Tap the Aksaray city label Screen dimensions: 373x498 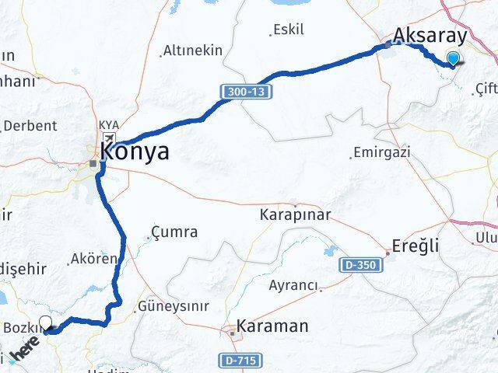pyautogui.click(x=430, y=36)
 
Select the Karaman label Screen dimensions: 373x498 pyautogui.click(x=272, y=326)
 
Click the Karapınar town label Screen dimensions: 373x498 pyautogui.click(x=296, y=214)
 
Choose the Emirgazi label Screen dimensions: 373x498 pyautogui.click(x=381, y=152)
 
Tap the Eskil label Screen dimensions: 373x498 pyautogui.click(x=288, y=30)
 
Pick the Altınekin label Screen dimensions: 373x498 pyautogui.click(x=192, y=51)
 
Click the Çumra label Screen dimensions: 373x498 pyautogui.click(x=175, y=232)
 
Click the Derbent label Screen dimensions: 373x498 pyautogui.click(x=30, y=125)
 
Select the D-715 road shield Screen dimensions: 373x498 pyautogui.click(x=239, y=361)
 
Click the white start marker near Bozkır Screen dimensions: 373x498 pyautogui.click(x=46, y=324)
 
